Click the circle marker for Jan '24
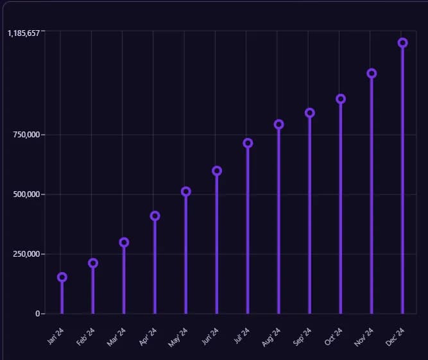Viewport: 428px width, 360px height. click(x=62, y=277)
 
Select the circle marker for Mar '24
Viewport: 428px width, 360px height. click(x=124, y=243)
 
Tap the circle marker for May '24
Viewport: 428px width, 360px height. click(x=186, y=191)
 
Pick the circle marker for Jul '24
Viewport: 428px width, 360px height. click(x=248, y=143)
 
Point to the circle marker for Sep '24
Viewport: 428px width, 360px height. click(x=310, y=113)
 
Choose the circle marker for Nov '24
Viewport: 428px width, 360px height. click(x=372, y=73)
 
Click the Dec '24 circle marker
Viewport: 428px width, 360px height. click(x=402, y=43)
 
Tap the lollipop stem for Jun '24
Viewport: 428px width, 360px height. click(x=217, y=244)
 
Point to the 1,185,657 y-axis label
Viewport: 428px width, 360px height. click(x=24, y=33)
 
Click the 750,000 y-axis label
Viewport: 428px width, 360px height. click(x=26, y=135)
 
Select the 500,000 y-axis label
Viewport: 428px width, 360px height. click(x=26, y=194)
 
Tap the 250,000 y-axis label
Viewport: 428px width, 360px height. click(x=26, y=254)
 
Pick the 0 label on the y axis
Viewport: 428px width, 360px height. click(x=38, y=314)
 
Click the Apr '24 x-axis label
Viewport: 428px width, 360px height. click(x=148, y=337)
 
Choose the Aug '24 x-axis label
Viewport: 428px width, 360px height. click(x=271, y=337)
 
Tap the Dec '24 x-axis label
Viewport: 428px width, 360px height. click(x=395, y=337)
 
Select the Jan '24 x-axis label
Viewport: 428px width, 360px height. click(x=55, y=337)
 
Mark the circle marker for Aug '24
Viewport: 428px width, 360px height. click(x=278, y=124)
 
